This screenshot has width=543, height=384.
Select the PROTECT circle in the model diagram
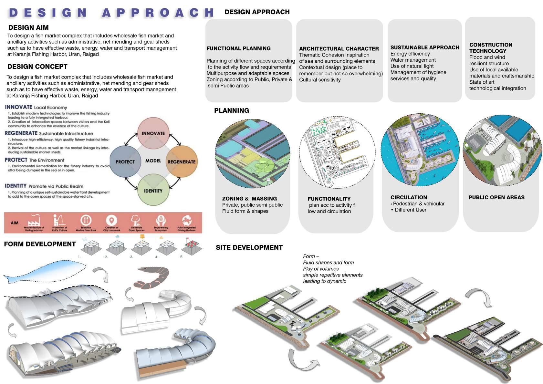[125, 161]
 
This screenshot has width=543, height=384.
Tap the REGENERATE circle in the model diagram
[182, 161]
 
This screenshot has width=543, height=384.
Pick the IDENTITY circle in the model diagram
[153, 191]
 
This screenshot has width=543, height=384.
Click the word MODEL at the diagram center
[153, 161]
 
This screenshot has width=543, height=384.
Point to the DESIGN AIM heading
[28, 27]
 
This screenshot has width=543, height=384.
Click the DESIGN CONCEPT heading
[37, 67]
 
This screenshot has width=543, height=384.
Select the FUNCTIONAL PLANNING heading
[238, 48]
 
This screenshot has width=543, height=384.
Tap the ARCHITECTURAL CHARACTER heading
[339, 49]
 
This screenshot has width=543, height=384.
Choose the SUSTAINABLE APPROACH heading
[424, 47]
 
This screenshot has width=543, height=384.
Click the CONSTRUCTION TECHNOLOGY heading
[490, 48]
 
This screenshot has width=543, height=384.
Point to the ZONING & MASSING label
[249, 199]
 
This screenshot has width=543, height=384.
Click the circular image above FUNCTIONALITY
[337, 152]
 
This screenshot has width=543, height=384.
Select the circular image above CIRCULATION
[420, 150]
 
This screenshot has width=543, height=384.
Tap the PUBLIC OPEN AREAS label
[496, 197]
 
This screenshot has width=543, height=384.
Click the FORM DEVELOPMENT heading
[40, 244]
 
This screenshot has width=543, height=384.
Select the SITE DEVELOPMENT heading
[249, 248]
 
